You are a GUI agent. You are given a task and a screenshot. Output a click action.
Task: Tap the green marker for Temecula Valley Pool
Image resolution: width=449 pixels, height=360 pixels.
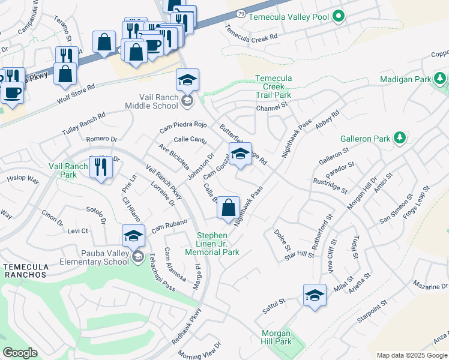(x=339, y=17)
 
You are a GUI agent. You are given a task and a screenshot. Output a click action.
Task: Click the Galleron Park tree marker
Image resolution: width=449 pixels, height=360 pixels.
(x=400, y=139)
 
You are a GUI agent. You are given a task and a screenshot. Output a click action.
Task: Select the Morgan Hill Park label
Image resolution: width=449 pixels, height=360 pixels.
(x=276, y=337)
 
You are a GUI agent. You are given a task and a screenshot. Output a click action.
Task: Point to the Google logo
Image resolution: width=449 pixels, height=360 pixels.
(x=20, y=353)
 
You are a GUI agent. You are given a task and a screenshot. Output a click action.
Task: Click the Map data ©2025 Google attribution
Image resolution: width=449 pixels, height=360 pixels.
(x=411, y=355)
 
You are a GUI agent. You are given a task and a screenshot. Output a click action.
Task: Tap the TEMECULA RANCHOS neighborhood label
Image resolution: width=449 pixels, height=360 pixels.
(x=24, y=270)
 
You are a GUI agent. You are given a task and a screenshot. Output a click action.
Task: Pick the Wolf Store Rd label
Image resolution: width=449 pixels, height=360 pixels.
(x=75, y=89)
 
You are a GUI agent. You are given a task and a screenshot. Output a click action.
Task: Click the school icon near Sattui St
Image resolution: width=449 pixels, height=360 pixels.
(x=315, y=295)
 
